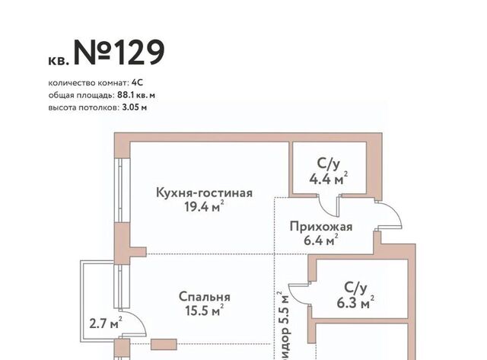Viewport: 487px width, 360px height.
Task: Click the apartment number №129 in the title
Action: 119,53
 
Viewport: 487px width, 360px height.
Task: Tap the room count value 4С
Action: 137,83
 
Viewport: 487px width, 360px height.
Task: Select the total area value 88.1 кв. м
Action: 136,95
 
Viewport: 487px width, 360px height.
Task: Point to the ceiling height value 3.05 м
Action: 135,107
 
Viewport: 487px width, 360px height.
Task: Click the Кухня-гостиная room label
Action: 204,193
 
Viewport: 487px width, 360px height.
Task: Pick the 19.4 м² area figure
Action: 204,206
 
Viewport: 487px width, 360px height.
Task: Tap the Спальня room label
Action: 205,297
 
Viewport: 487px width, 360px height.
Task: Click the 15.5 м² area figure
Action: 205,310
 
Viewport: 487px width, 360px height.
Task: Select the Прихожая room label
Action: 321,227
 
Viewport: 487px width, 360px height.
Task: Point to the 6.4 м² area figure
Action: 321,240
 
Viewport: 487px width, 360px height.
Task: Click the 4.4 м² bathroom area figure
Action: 329,179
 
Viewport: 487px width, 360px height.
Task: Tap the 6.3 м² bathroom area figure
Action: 355,302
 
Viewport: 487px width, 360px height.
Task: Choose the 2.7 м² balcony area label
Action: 106,323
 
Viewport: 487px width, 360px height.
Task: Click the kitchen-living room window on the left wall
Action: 122,190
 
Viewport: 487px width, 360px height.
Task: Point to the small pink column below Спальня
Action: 164,344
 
